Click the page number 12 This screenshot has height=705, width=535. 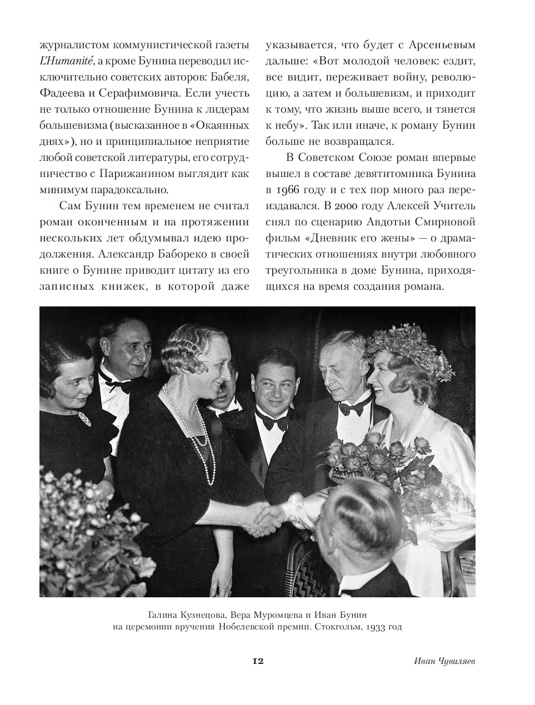[257, 661]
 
